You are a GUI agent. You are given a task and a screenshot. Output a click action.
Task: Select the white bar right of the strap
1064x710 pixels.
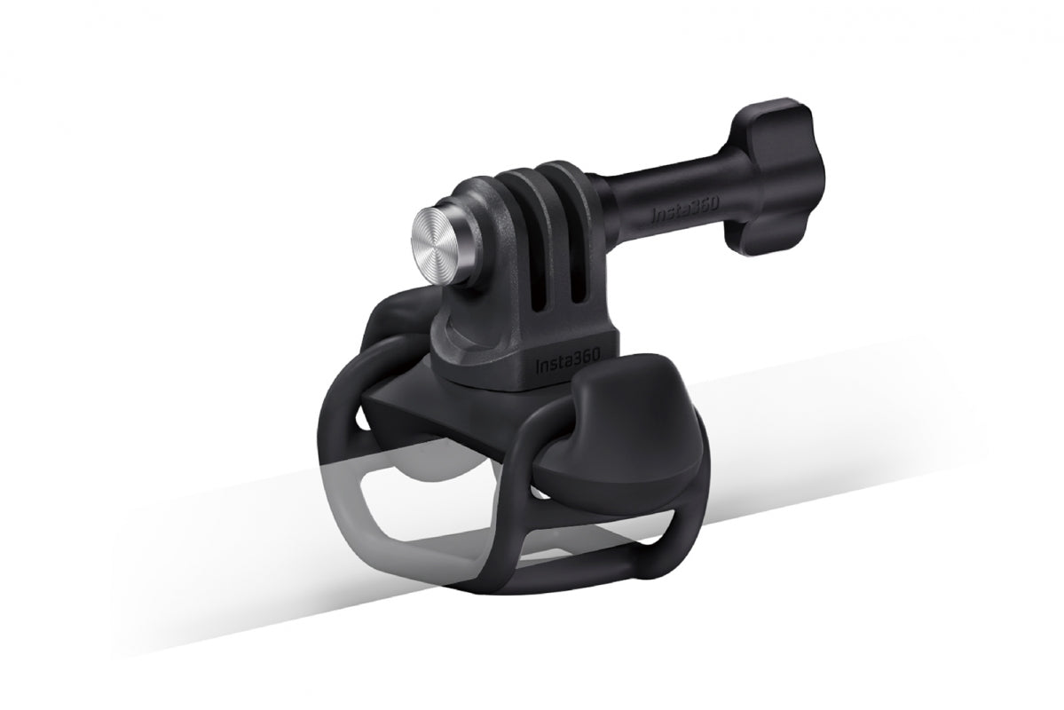tap(843, 390)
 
